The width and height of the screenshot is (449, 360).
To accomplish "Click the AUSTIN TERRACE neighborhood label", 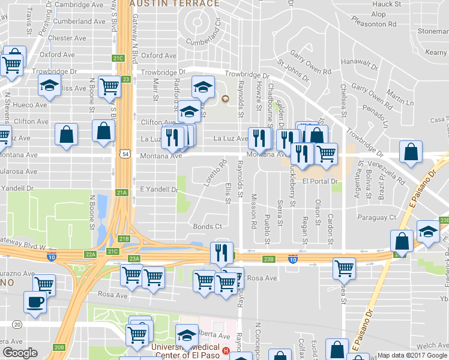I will coord(174,4).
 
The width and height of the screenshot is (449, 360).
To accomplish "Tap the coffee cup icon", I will coord(34,301).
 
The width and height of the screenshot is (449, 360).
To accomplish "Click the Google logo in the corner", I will coord(20,353).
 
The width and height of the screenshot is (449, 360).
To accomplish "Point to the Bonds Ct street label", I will coord(208,227).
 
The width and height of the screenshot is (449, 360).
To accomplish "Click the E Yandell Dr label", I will coord(159,190).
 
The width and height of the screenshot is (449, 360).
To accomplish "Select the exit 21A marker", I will coord(122,193).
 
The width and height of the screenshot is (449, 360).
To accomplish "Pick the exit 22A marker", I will coord(91,254).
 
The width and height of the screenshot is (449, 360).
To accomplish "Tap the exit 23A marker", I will coord(133,259).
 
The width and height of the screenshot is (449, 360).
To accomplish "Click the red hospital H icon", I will coord(226,351).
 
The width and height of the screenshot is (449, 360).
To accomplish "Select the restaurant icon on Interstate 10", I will coord(221,253).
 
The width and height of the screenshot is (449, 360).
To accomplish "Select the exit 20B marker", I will coord(59,347).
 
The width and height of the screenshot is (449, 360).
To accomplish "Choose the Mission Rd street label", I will coord(254,206).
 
